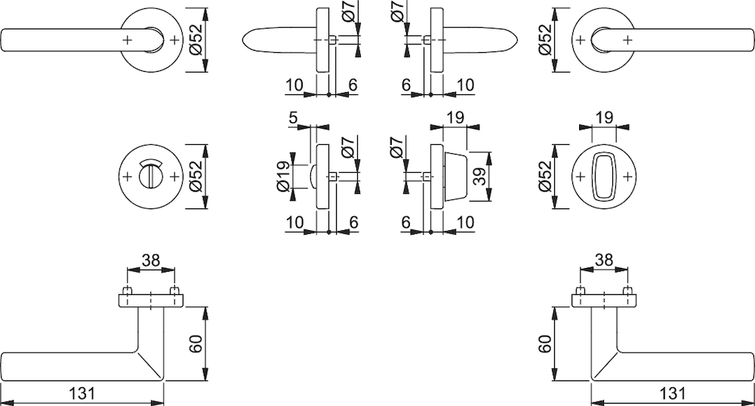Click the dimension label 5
294,118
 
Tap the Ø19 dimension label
284,176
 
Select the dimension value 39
480,176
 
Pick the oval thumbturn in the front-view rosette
604,177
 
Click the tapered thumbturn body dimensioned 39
455,177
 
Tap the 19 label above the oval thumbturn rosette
604,118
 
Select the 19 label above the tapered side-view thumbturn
455,118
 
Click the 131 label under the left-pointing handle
82,393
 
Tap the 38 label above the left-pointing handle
151,260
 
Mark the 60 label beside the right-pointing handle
544,344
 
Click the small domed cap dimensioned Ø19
313,177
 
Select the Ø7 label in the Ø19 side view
350,146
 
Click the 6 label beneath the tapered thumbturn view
406,222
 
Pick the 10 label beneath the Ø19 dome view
294,222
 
